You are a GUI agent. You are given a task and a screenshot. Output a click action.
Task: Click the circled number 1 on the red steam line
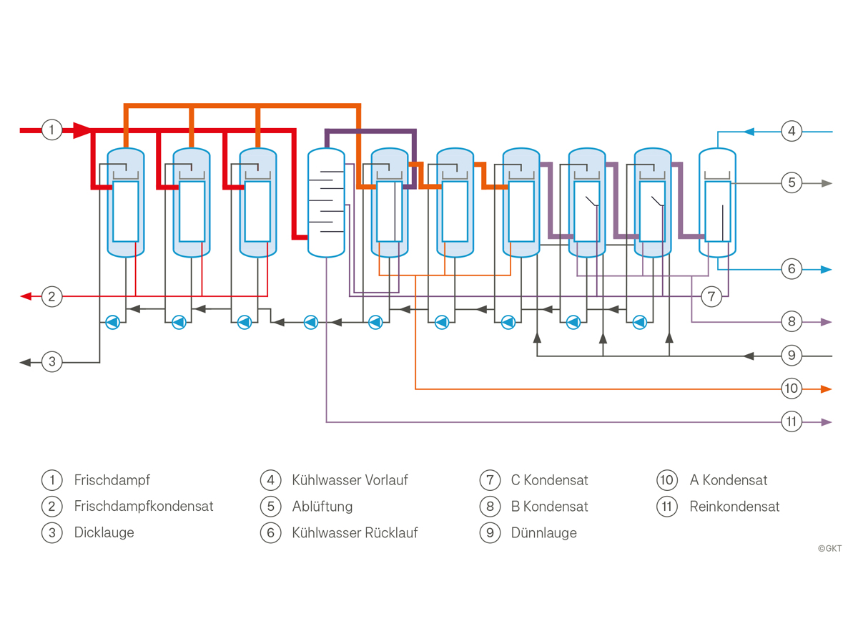click(51, 130)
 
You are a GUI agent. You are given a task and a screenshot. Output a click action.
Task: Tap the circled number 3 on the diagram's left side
click(51, 361)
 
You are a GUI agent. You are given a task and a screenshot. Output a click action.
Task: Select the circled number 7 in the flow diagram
click(711, 296)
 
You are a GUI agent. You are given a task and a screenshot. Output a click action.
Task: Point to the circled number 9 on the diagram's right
click(792, 356)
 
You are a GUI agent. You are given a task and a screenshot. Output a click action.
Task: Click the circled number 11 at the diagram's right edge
click(792, 421)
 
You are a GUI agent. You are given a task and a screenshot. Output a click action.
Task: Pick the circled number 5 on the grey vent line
click(792, 182)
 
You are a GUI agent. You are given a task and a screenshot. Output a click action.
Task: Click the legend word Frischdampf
click(112, 480)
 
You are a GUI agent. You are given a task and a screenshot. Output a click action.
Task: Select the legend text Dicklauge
click(104, 532)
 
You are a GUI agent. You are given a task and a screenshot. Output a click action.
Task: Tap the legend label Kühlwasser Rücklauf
click(355, 532)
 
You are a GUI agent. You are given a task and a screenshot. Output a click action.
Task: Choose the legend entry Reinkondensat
click(734, 507)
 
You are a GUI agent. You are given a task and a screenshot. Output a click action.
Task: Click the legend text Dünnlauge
click(543, 532)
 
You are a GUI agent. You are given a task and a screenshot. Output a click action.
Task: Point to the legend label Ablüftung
click(322, 507)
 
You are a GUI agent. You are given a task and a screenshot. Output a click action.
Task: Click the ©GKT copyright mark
click(829, 549)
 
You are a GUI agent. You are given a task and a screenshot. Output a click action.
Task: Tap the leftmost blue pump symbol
click(112, 323)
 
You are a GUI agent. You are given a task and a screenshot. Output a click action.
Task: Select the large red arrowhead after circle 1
click(82, 130)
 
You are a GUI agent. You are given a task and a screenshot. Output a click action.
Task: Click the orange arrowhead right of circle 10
click(826, 389)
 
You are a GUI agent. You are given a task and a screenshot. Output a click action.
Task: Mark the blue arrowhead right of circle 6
click(826, 270)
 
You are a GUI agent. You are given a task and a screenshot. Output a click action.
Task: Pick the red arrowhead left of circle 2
click(26, 296)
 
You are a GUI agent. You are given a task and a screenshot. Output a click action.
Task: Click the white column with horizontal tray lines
click(326, 203)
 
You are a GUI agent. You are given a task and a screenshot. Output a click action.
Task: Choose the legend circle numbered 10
click(667, 480)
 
